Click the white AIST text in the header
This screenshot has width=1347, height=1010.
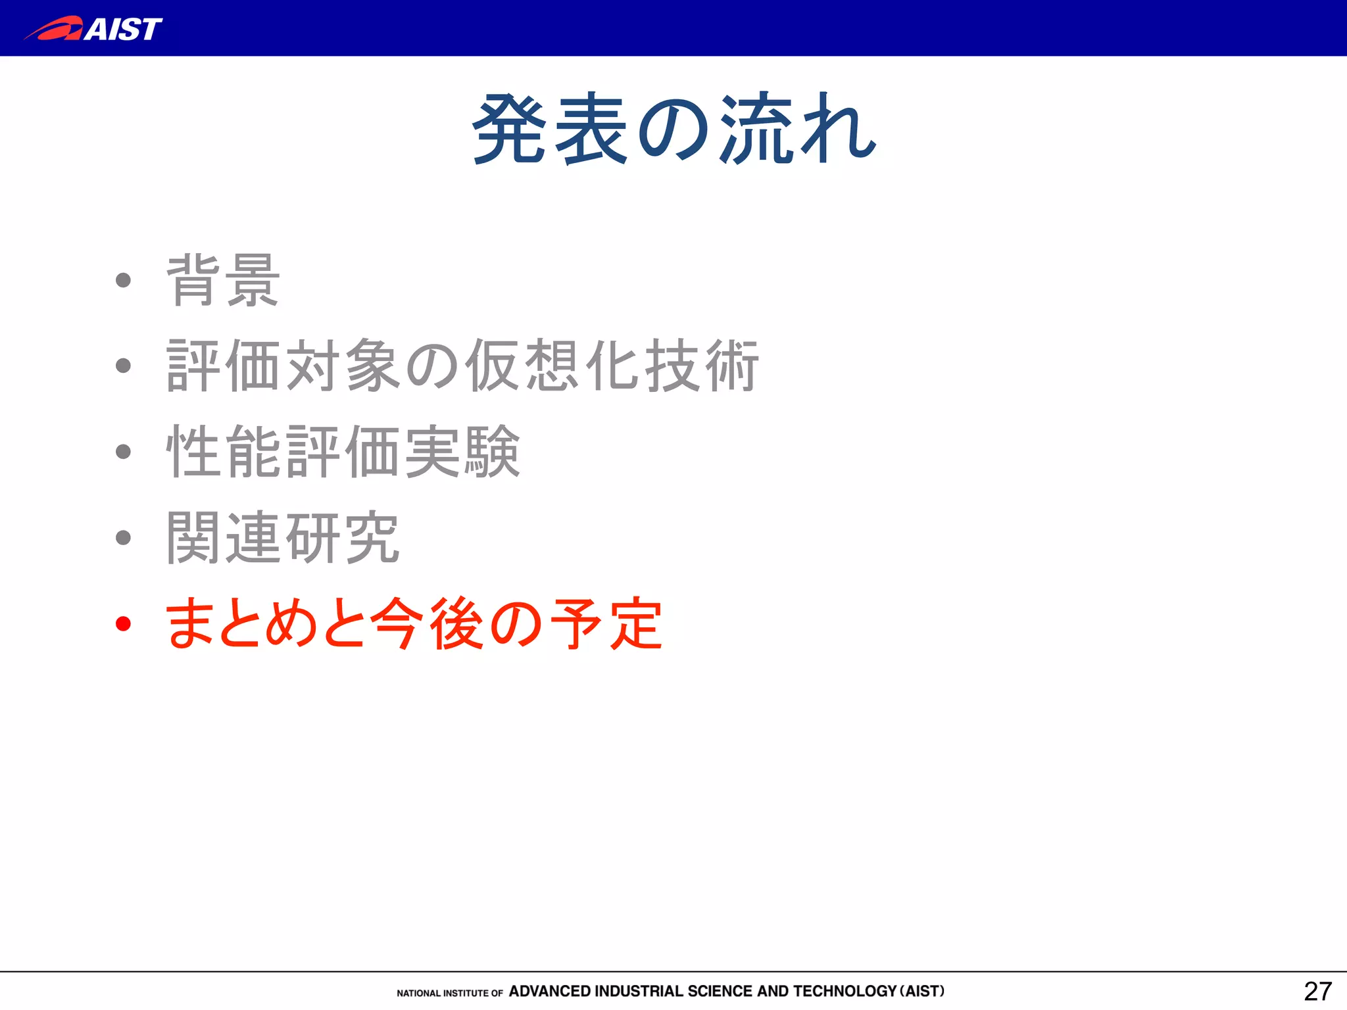coord(123,29)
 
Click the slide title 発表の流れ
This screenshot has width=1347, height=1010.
coord(674,129)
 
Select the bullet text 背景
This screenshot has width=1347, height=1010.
coord(224,281)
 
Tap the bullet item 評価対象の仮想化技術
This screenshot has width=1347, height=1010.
coord(463,366)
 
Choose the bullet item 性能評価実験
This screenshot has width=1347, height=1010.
coord(343,452)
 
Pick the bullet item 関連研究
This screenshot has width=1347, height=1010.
coord(283,538)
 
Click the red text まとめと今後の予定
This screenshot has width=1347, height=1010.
coord(414,623)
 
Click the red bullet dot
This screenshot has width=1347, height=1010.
coord(123,623)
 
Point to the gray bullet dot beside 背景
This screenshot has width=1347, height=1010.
coord(123,281)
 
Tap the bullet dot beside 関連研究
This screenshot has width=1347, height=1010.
coord(123,538)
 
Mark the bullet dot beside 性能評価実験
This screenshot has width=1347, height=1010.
coord(123,452)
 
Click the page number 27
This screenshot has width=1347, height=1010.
coord(1317,992)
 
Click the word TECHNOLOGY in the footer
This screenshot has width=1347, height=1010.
coord(845,991)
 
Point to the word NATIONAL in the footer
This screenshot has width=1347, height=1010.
coord(418,993)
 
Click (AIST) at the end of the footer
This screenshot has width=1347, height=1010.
coord(922,991)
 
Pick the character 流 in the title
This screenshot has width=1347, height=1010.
coord(756,129)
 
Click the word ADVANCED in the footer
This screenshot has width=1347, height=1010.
coord(550,991)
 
